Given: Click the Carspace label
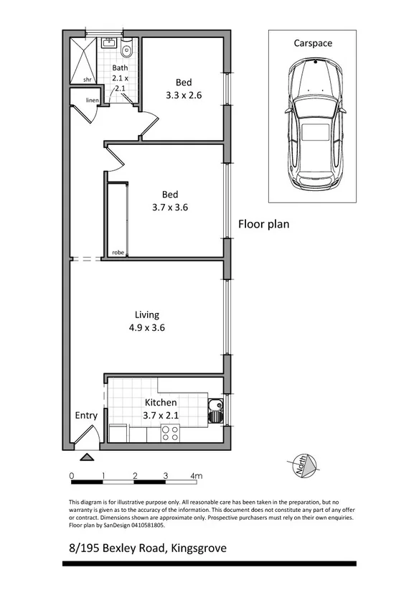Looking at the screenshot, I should tap(313, 43).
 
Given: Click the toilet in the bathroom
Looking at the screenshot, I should tap(127, 50).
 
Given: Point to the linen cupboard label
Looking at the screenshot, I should tap(92, 100).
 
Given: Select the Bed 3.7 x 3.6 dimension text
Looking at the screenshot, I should tap(170, 207).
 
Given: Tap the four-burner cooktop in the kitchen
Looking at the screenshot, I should tap(170, 433).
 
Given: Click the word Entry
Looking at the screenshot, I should tap(86, 416).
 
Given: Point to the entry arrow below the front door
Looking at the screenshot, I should tap(86, 457).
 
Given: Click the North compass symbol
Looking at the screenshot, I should tap(303, 466).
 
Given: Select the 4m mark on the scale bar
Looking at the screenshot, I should tap(196, 475).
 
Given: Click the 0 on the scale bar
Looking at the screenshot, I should tap(72, 475).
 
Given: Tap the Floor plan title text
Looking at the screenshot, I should tap(263, 224).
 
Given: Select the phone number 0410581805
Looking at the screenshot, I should tap(143, 525).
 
